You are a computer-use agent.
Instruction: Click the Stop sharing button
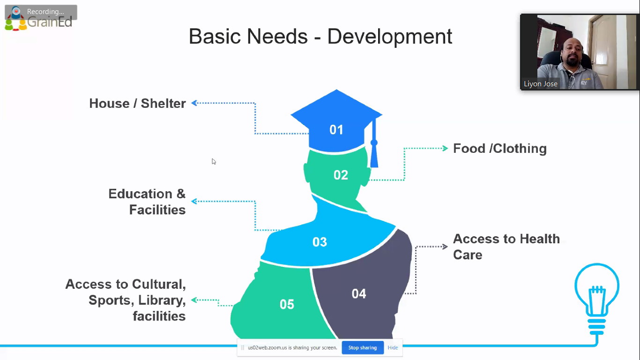click(363, 348)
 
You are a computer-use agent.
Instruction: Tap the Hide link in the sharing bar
click(393, 348)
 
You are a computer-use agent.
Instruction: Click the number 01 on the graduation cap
click(336, 130)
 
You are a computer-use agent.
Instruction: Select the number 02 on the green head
click(341, 175)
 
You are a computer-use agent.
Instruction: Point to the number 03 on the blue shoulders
click(320, 242)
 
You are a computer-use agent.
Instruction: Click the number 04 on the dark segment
click(359, 293)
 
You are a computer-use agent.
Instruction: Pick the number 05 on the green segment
click(287, 304)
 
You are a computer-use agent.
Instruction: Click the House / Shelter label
click(137, 103)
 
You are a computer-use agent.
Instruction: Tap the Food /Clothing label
click(500, 149)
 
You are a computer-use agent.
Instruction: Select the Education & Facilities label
click(147, 202)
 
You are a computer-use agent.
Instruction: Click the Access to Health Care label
click(506, 247)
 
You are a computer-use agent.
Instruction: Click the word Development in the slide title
click(390, 37)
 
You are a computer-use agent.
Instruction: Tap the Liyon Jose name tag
click(541, 84)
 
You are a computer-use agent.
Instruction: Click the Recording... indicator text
click(45, 12)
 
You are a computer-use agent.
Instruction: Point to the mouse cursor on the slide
click(214, 162)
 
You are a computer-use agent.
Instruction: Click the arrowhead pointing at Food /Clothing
click(445, 148)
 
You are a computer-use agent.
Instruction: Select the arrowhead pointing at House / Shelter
click(194, 103)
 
